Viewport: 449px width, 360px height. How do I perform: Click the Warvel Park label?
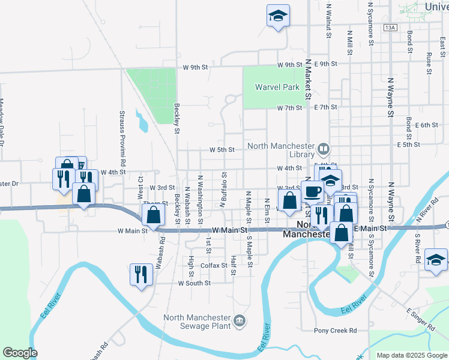pos(277,87)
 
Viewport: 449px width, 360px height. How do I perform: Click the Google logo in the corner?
pos(20,353)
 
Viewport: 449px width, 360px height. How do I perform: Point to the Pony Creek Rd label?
pos(336,331)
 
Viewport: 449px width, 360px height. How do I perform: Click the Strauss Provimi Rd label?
pos(122,138)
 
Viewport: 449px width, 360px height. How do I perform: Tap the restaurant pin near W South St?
pos(142,275)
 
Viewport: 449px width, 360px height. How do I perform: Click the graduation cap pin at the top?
pos(278,16)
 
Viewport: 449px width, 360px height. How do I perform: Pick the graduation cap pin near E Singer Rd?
pos(436,260)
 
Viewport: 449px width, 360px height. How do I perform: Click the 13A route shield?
pos(391,28)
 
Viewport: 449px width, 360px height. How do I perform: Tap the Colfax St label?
pos(213,265)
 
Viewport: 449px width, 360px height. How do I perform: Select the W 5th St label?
pos(221,149)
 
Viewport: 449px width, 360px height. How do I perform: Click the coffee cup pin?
pos(312,191)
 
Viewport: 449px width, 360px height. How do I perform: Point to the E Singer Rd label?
pos(420,319)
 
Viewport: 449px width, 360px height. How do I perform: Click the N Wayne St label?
pos(390,95)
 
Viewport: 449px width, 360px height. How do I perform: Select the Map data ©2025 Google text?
pos(411,355)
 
